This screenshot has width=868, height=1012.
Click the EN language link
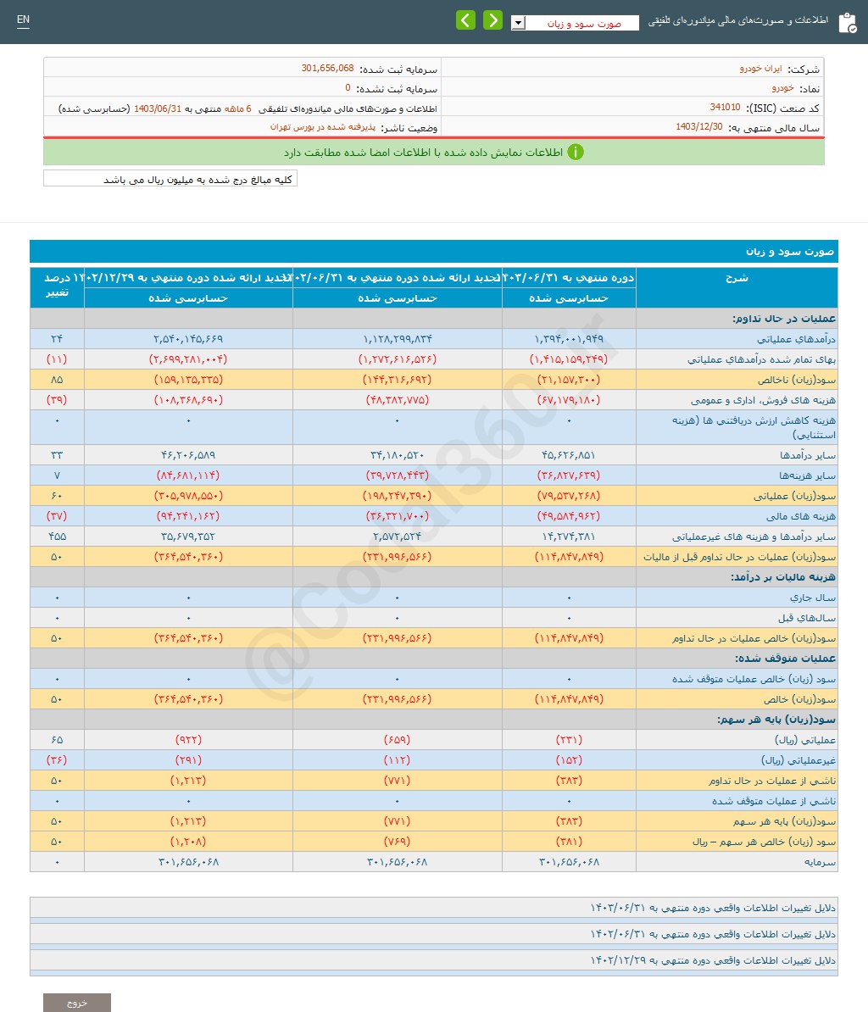[23, 20]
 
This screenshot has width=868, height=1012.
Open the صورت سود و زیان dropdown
[575, 24]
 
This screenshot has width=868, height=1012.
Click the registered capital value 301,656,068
[327, 68]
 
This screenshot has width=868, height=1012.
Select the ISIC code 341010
[725, 108]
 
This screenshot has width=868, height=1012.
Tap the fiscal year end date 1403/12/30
[699, 127]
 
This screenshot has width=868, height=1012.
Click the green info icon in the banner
[576, 153]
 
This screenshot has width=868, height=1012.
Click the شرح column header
[736, 278]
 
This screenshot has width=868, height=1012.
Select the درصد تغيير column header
[58, 286]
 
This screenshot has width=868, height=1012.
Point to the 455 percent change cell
[58, 537]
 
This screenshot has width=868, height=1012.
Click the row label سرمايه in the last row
[820, 862]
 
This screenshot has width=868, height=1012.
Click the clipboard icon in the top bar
[847, 23]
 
